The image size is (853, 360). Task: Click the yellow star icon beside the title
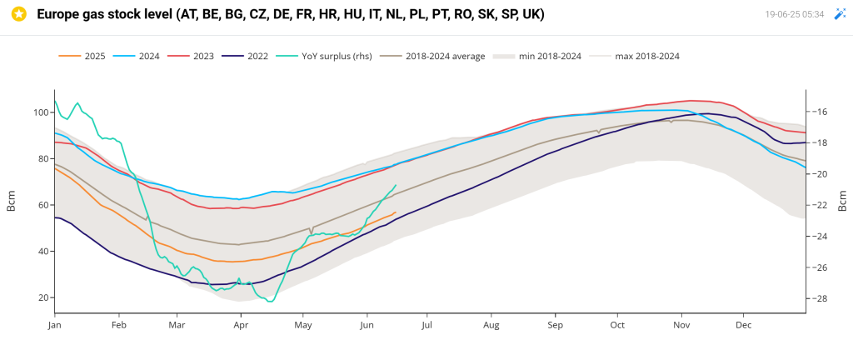click(x=19, y=15)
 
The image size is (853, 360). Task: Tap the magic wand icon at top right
click(x=840, y=15)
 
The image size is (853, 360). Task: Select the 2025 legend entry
click(x=82, y=56)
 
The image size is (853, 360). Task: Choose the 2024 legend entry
click(x=137, y=56)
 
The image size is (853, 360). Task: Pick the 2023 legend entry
click(x=191, y=56)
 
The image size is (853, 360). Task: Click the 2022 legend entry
click(x=246, y=56)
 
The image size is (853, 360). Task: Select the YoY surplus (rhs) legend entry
click(x=324, y=56)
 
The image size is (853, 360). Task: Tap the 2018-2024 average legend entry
click(x=432, y=56)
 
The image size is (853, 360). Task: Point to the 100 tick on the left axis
click(x=42, y=112)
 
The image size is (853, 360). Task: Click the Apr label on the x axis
click(x=241, y=325)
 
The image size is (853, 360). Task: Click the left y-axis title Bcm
click(x=10, y=201)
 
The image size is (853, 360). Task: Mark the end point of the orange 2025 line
click(x=396, y=212)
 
